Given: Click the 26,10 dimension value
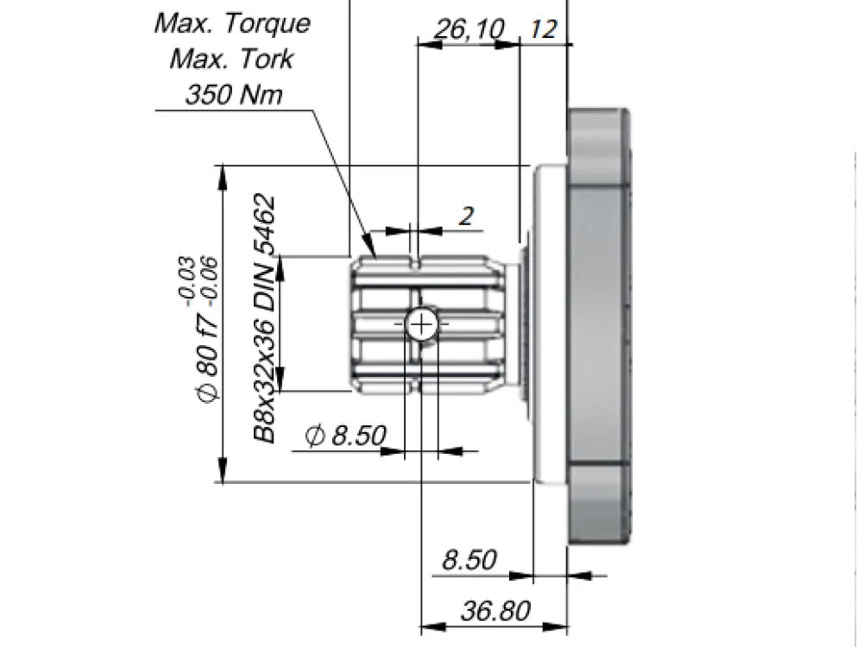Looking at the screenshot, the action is (469, 28).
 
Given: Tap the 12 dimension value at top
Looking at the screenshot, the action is (544, 29).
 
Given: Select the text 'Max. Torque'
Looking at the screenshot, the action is (232, 23).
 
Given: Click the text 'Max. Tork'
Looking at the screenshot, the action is (231, 59).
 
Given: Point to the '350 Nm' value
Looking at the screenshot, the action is (234, 94).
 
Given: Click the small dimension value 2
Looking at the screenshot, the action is (466, 216).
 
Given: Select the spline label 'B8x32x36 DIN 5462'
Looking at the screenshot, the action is (264, 318).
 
